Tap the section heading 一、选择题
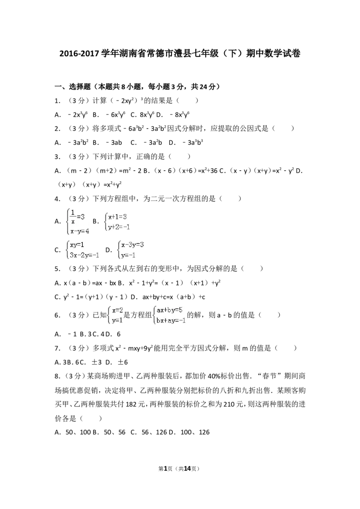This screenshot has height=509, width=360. [72, 87]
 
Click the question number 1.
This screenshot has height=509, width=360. [57, 101]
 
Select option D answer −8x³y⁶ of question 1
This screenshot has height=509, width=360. [180, 114]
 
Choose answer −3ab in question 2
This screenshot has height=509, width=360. [114, 143]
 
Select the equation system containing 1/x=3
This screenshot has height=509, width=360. [78, 222]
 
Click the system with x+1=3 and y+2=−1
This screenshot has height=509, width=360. [117, 222]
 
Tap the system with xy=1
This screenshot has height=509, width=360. [82, 250]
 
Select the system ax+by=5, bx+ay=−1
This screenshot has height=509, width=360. [169, 315]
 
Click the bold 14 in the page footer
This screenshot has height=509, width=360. [187, 469]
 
